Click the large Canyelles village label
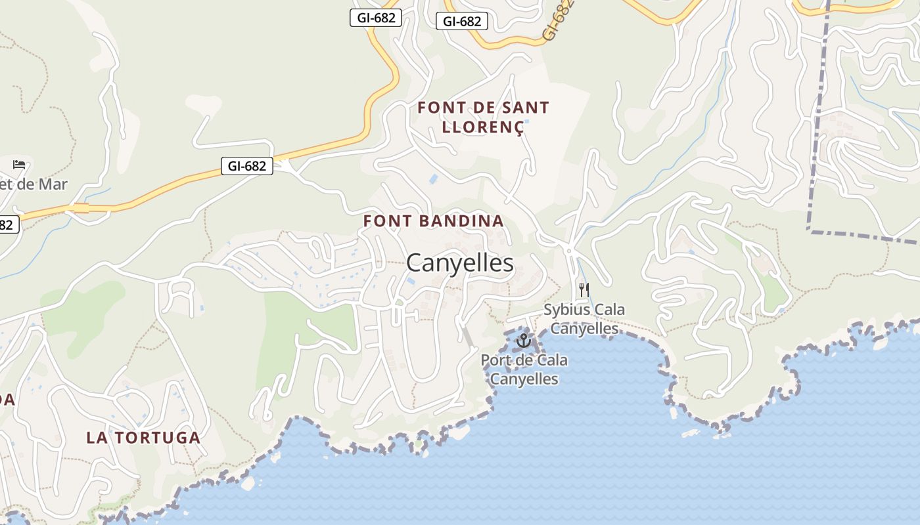click(460, 263)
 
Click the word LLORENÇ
click(483, 127)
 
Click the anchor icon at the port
click(523, 341)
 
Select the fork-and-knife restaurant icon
click(584, 289)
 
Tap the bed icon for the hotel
click(19, 164)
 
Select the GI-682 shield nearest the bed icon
click(247, 166)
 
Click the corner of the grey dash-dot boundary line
click(810, 231)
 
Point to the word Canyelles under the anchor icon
click(524, 379)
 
